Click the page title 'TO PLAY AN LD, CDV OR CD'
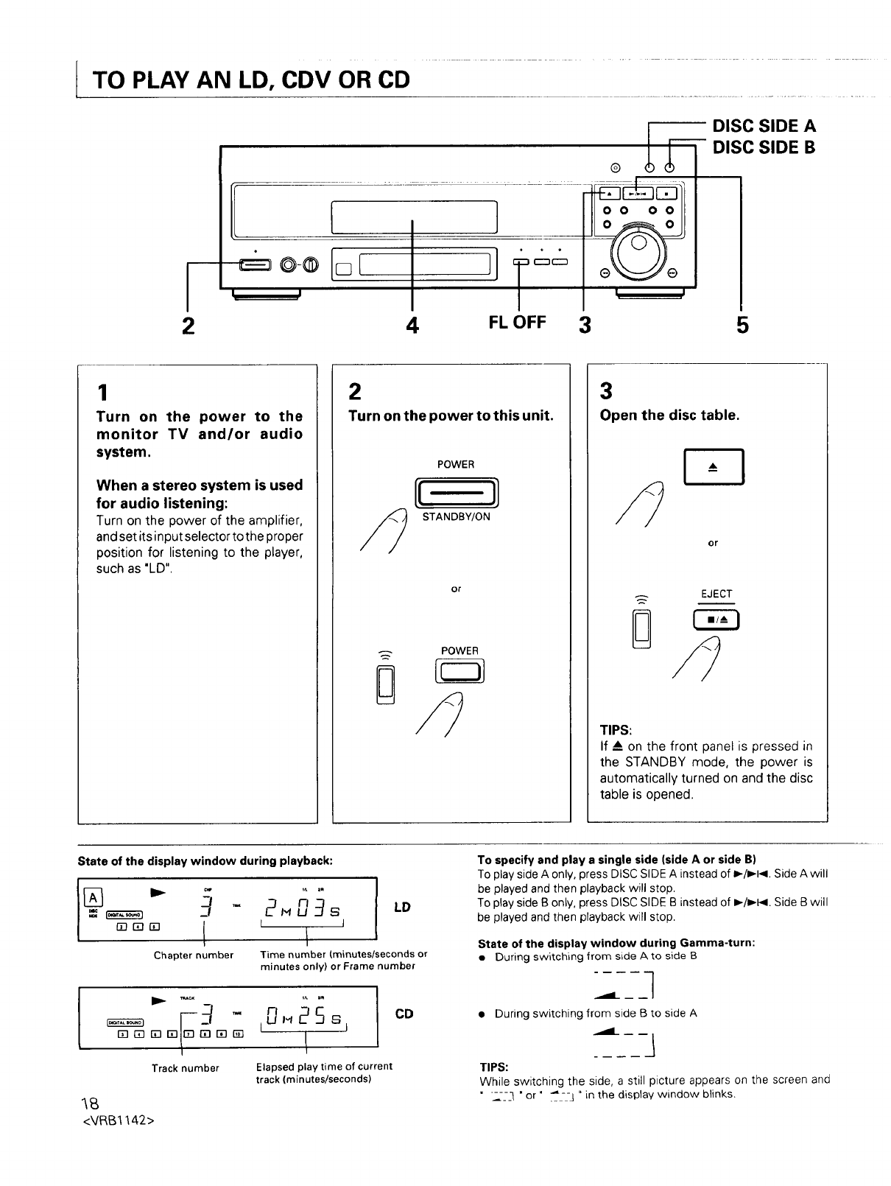pyautogui.click(x=250, y=79)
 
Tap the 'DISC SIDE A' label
pyautogui.click(x=764, y=126)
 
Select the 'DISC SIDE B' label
pyautogui.click(x=764, y=147)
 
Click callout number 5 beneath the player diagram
pyautogui.click(x=742, y=324)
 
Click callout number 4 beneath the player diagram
pyautogui.click(x=412, y=324)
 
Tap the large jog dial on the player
pyautogui.click(x=638, y=250)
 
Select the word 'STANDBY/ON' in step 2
pyautogui.click(x=456, y=517)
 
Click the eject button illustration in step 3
pyautogui.click(x=714, y=467)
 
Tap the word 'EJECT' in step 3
pyautogui.click(x=716, y=594)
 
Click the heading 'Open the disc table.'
pyautogui.click(x=669, y=415)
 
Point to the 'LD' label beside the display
pyautogui.click(x=402, y=907)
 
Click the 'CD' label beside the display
pyautogui.click(x=404, y=1014)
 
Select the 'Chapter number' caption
pyautogui.click(x=194, y=955)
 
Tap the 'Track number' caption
pyautogui.click(x=186, y=1068)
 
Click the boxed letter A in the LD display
pyautogui.click(x=93, y=898)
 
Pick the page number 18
pyautogui.click(x=90, y=1103)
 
